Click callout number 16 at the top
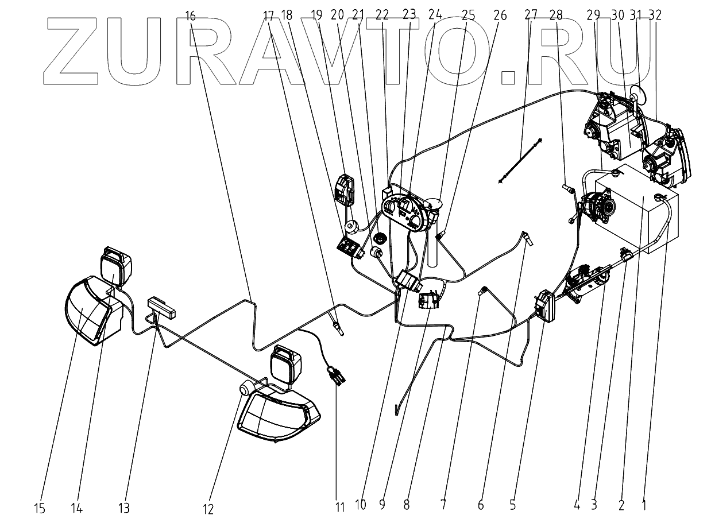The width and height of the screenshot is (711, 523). tap(191, 16)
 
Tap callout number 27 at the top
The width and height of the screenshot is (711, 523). tap(531, 16)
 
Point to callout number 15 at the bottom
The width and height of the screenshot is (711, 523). tap(40, 507)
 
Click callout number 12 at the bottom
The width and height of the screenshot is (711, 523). tap(208, 509)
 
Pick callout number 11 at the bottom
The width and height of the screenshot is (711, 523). tap(339, 507)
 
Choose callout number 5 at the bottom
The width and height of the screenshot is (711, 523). tap(512, 505)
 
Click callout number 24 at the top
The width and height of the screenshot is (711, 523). tap(435, 16)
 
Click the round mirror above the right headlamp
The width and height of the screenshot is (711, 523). tap(637, 93)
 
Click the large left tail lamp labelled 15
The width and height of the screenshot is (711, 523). tap(92, 310)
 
